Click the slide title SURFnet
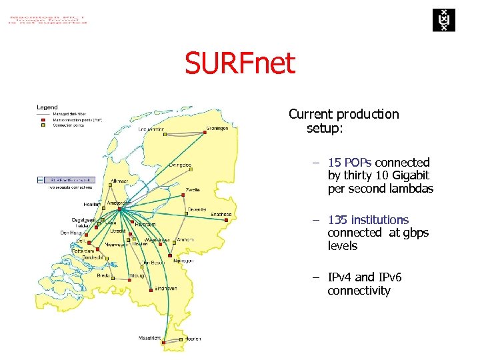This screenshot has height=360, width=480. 240,64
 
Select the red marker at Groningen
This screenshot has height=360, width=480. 205,132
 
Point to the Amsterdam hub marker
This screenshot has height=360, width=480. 119,209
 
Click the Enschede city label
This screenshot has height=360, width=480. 221,215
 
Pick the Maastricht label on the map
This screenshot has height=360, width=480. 150,338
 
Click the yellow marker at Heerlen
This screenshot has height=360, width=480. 182,339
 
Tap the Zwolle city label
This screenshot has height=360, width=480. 193,189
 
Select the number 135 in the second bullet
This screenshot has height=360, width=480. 337,220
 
